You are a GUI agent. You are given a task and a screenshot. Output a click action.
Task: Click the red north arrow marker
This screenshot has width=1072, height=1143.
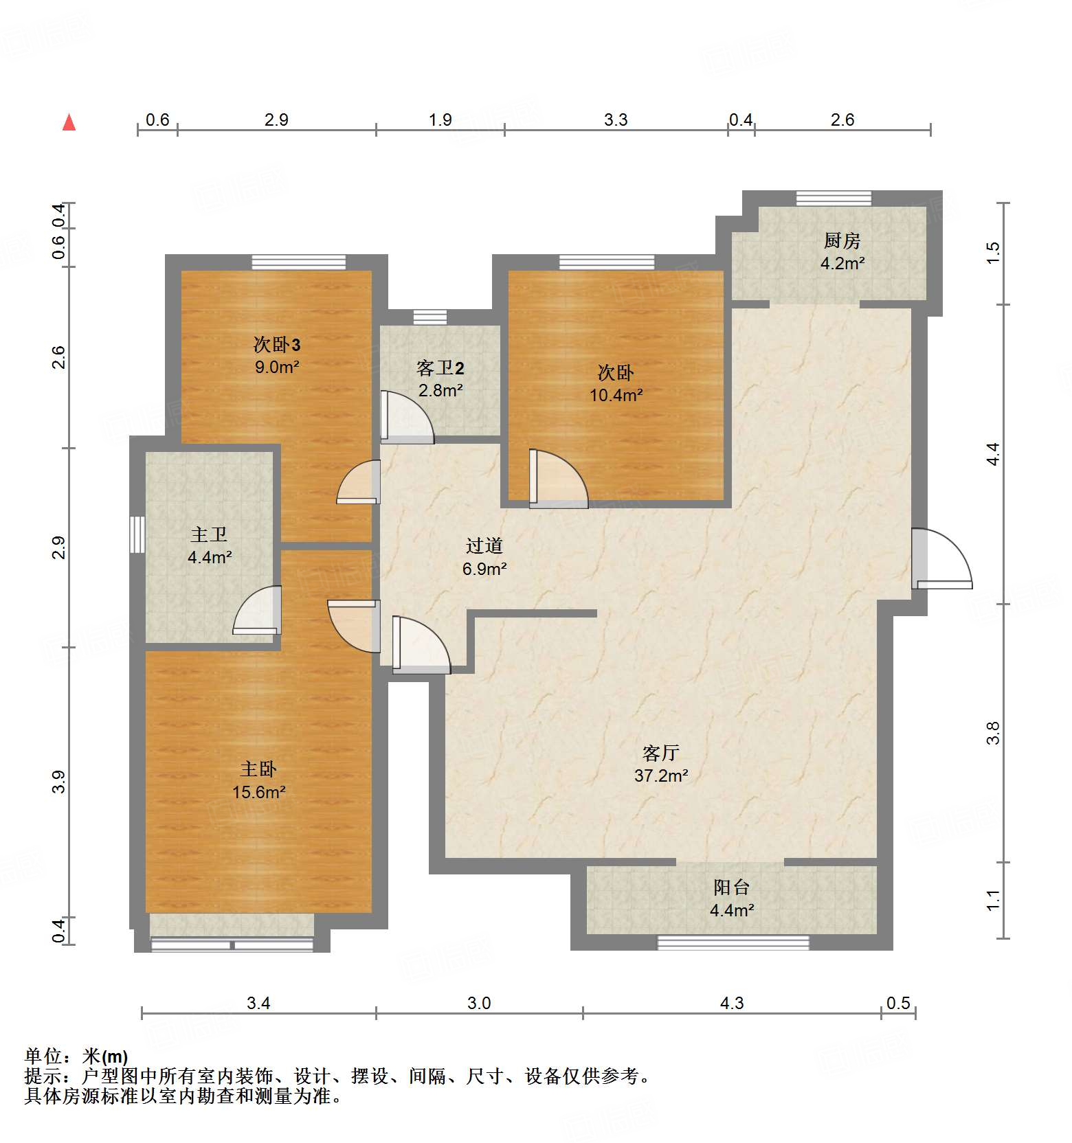pos(69,122)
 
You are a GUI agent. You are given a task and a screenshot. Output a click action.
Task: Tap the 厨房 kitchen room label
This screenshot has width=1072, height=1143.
pos(842,240)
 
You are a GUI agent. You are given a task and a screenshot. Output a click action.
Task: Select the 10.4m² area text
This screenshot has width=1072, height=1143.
pos(616,395)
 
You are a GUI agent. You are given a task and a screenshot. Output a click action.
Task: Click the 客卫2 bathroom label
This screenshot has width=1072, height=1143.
pos(440,369)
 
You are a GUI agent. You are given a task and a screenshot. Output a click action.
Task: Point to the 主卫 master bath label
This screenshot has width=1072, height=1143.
pos(209,534)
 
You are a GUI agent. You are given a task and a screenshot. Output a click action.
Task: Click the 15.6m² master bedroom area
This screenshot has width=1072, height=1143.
pos(258,792)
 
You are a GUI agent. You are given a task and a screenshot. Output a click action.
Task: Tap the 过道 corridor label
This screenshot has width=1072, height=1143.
pos(484,546)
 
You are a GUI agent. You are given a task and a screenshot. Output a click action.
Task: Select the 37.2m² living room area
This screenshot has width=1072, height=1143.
pos(661,776)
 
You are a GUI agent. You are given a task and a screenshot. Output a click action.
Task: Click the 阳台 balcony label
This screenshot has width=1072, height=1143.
pos(731,887)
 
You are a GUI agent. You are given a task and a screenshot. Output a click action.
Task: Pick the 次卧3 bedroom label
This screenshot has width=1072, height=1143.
pos(276,344)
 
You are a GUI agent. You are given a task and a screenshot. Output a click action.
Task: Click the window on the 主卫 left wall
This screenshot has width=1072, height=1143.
pos(137,534)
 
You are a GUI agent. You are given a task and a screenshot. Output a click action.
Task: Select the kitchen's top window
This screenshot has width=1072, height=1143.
pos(834,199)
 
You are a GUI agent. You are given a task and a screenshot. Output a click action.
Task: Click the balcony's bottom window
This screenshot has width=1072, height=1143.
pos(733,942)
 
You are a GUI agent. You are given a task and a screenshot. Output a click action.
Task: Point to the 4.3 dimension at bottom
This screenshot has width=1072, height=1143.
pos(732,1003)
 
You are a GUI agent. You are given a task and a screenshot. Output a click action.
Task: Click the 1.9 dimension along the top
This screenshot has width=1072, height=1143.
pos(440,120)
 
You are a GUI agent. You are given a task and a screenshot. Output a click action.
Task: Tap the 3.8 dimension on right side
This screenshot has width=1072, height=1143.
pos(993,733)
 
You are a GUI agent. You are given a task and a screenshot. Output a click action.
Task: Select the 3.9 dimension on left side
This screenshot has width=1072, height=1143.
pos(60,782)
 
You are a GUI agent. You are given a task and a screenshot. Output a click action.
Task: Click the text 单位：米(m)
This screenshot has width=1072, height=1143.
pos(76,1056)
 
